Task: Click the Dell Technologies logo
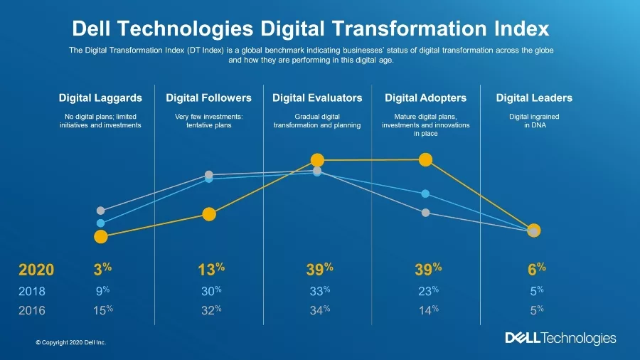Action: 560,338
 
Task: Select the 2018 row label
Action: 31,290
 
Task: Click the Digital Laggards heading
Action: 100,98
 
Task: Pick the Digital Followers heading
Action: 208,98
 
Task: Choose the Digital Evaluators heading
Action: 317,98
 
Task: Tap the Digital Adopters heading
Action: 425,98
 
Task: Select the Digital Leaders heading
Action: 534,98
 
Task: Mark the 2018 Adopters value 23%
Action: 425,290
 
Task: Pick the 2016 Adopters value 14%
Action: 425,309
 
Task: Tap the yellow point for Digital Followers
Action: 209,214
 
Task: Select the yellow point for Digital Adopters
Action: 425,159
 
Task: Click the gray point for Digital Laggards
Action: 100,211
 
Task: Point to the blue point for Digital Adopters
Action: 425,194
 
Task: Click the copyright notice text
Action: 70,343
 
